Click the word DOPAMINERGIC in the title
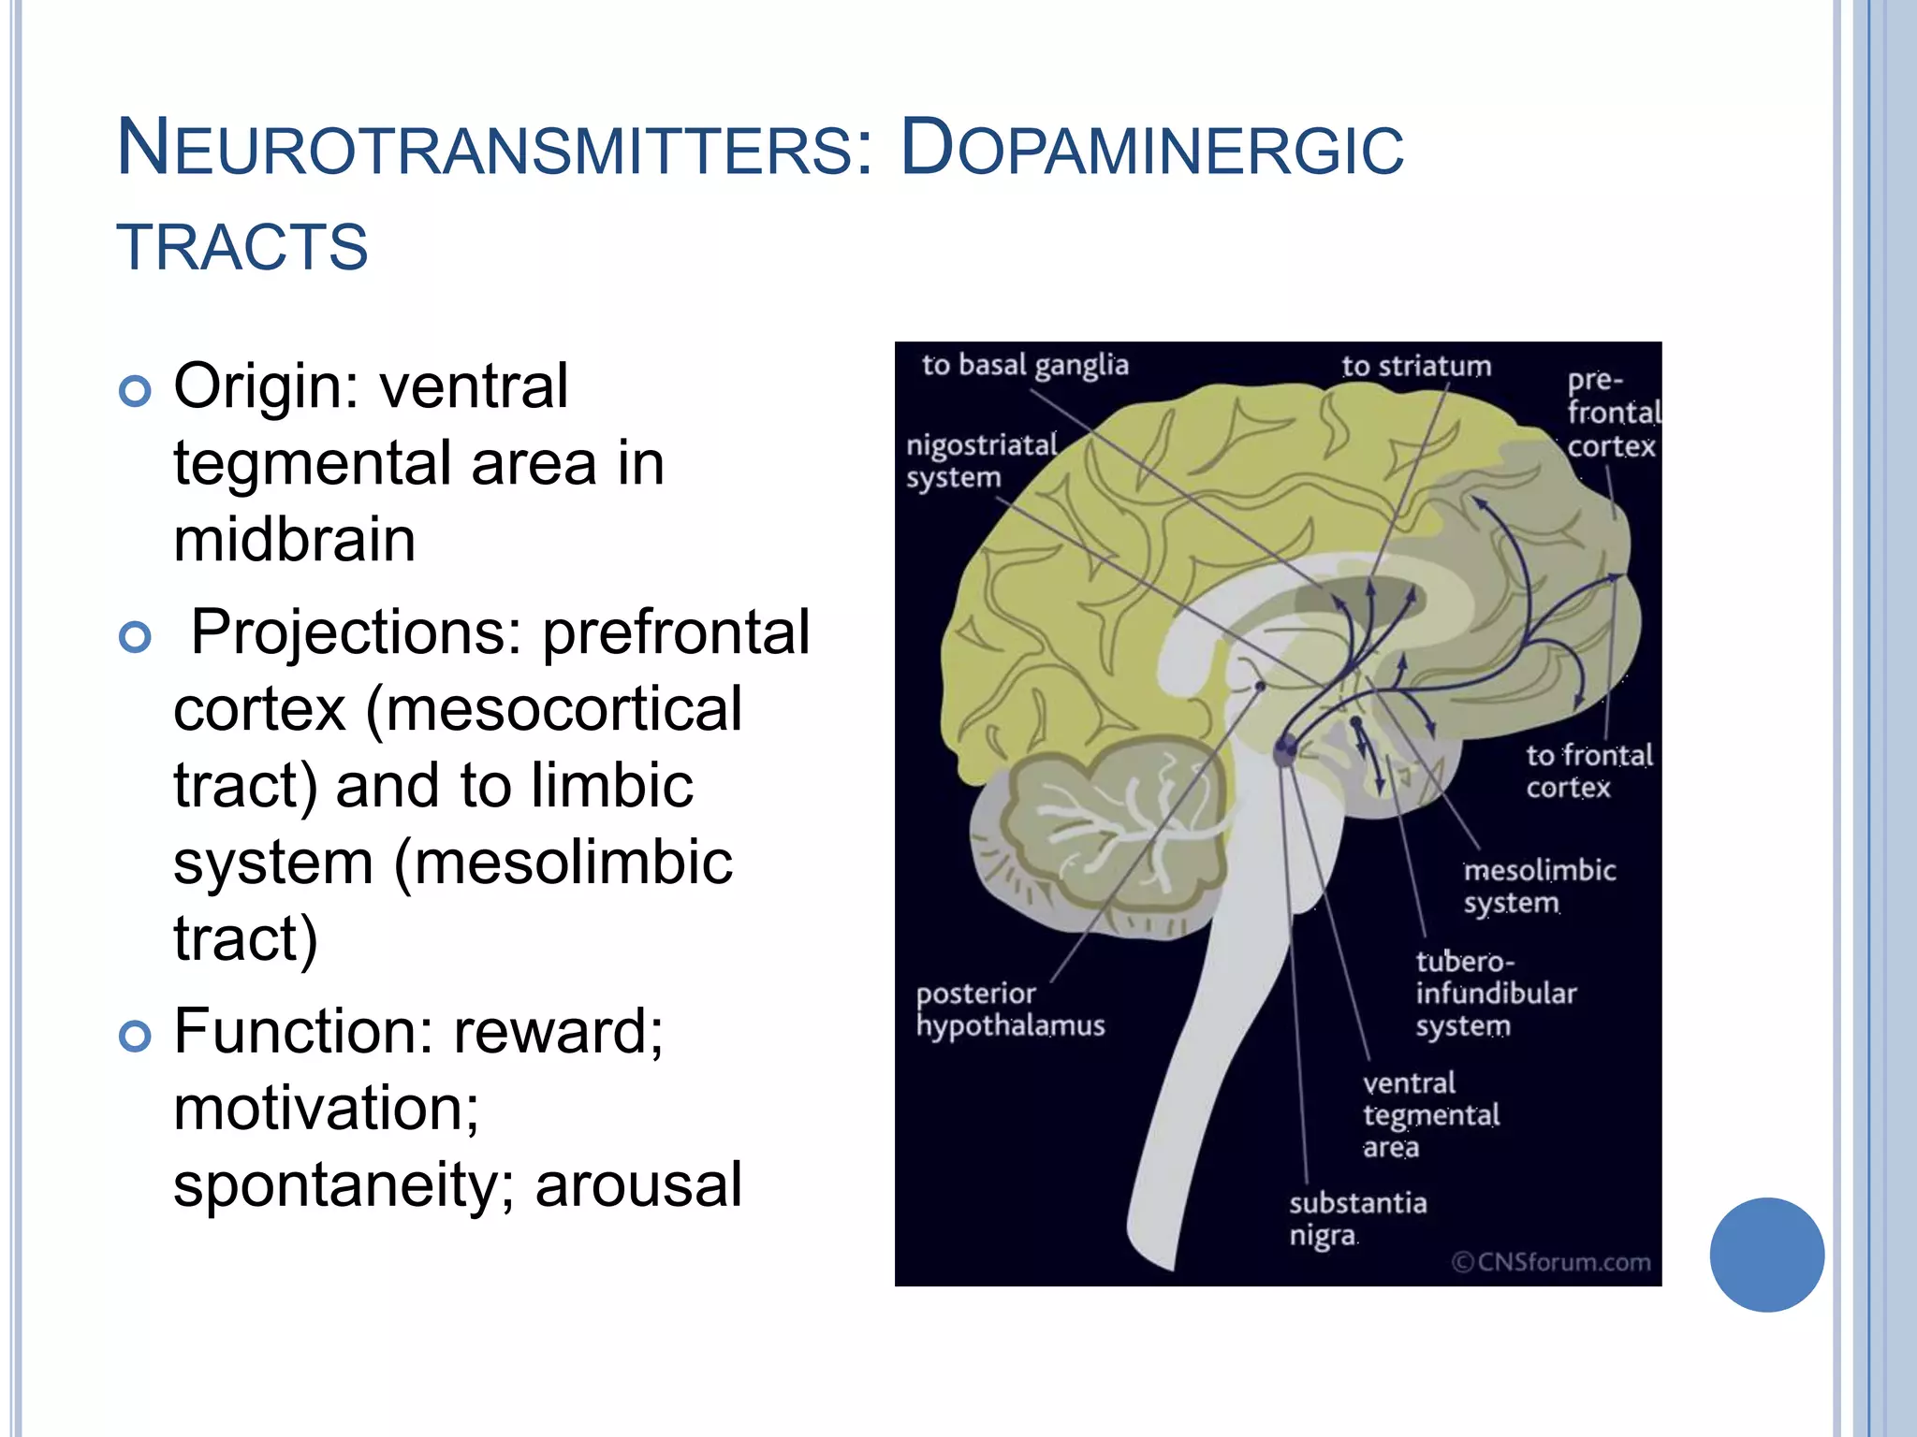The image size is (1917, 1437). coord(1151,149)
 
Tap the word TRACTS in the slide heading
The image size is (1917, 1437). coord(242,248)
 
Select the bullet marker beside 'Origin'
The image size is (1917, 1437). coord(136,390)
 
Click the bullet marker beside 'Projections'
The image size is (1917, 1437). coord(136,637)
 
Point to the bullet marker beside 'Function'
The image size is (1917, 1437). coord(136,1036)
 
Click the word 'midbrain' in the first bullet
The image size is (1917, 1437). coord(294,540)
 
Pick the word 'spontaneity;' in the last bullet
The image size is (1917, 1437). coord(344,1185)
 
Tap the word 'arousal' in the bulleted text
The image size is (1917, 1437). coord(638,1185)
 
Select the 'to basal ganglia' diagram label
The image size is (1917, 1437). coord(1025,365)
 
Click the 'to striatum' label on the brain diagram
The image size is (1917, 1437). coord(1416,366)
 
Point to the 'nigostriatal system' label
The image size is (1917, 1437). coord(980,460)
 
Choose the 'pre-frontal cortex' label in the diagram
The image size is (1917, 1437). coord(1613,414)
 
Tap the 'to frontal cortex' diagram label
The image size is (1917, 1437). coord(1588,771)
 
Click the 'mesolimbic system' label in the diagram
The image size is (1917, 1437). coord(1539,886)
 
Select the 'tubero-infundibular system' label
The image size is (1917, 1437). coord(1495,994)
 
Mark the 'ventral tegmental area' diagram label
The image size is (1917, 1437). coord(1430,1114)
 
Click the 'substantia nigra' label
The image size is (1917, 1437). coord(1357,1218)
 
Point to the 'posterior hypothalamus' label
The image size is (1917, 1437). coord(1010,1009)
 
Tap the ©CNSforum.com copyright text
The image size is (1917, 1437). coord(1551,1262)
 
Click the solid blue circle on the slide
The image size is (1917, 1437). coord(1766,1255)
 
